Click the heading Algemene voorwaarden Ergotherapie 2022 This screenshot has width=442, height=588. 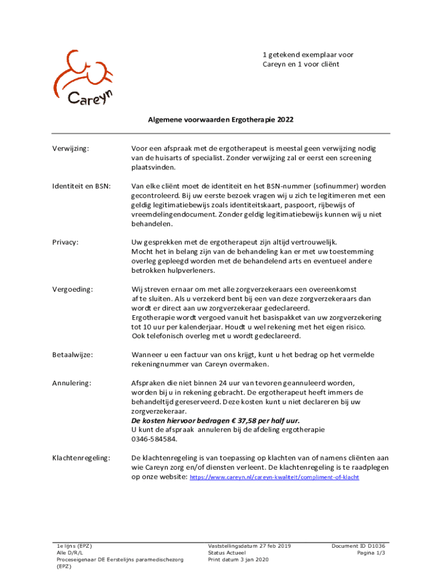click(x=220, y=121)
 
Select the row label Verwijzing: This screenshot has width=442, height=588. click(x=72, y=149)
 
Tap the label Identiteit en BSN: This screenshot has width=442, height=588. click(x=80, y=186)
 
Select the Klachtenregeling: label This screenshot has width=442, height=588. click(x=81, y=458)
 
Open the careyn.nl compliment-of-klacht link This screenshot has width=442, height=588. click(x=274, y=477)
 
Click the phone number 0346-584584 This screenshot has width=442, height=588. click(x=154, y=439)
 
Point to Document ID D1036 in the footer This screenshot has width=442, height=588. click(x=358, y=546)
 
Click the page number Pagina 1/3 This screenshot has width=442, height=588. click(x=371, y=552)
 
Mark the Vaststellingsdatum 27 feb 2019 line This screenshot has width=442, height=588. click(x=249, y=546)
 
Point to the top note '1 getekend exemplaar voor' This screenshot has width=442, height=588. click(x=308, y=55)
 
